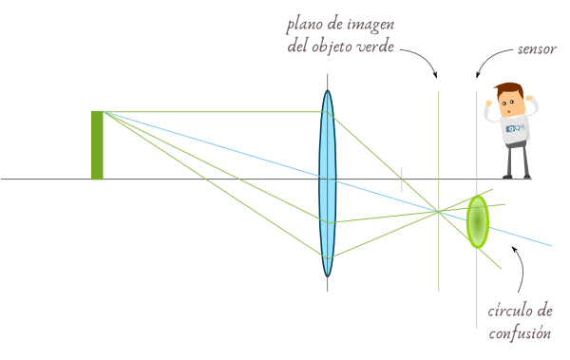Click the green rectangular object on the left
(97, 144)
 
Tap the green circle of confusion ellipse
(477, 221)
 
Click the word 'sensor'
(537, 48)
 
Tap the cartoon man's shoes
(518, 176)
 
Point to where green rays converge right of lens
(437, 211)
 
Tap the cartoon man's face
(510, 101)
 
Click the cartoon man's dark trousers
(517, 161)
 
